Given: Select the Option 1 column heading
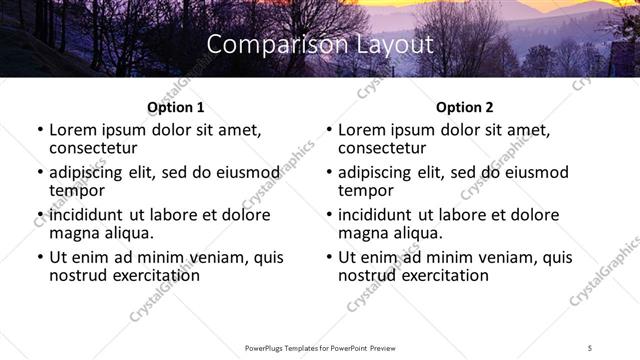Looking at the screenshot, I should [x=175, y=107].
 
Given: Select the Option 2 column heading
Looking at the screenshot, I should [x=465, y=107].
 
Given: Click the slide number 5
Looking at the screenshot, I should [x=591, y=348].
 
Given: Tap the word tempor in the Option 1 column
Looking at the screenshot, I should [x=77, y=190].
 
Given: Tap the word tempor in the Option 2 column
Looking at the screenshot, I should [x=366, y=190].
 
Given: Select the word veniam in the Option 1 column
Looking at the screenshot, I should [x=213, y=257].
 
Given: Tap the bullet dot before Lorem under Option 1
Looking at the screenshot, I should [x=40, y=131].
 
